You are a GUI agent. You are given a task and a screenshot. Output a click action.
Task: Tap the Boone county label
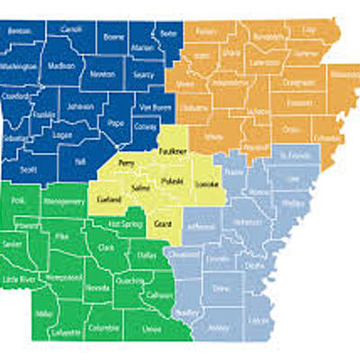pos(114,38)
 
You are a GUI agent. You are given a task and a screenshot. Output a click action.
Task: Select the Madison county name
pos(60,66)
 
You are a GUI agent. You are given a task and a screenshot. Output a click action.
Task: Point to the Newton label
pos(104,75)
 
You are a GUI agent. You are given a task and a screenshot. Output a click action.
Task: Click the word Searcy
pos(142,75)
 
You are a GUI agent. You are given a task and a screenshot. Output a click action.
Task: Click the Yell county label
pos(80,162)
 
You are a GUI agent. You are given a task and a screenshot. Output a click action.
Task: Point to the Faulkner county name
pos(172,152)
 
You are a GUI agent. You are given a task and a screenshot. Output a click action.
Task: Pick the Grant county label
pos(163,222)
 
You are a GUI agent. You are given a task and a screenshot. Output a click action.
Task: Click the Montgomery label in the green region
pos(62,204)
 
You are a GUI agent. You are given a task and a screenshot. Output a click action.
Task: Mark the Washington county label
pos(20,66)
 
